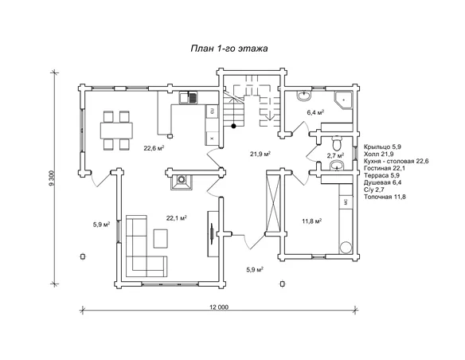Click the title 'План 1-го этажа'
229,49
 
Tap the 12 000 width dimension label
219,307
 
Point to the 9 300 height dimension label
53,178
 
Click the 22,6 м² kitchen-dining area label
154,148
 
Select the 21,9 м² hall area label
260,154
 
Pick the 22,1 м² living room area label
176,218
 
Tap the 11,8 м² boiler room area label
312,221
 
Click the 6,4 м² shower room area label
315,112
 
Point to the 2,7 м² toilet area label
335,155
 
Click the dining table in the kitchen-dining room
116,131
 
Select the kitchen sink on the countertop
188,97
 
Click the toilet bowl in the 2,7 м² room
337,143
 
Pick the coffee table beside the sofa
160,238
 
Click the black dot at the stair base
233,126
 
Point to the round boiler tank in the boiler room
346,248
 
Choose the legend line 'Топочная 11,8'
385,197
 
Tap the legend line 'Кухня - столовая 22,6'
397,161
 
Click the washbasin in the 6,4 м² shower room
303,96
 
